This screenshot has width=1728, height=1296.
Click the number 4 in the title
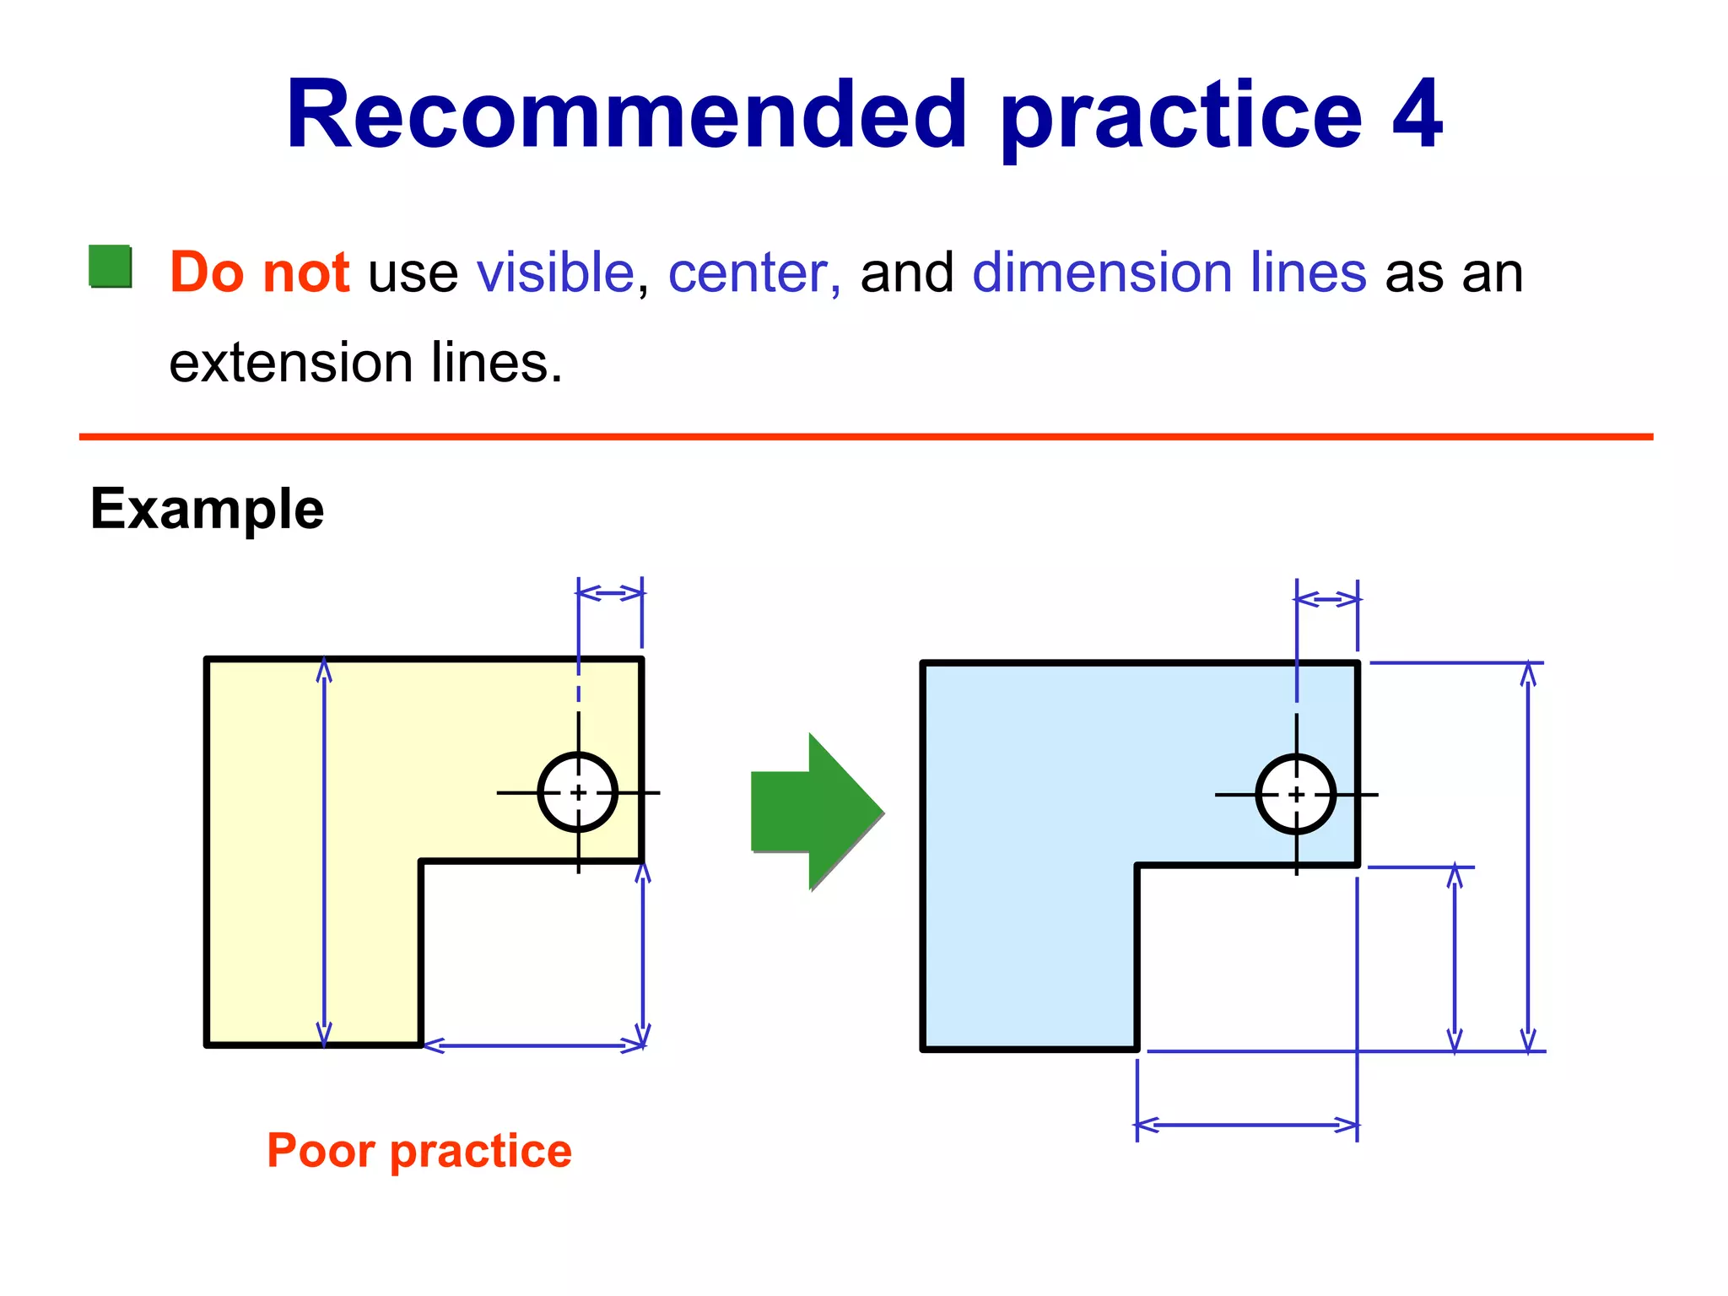point(1417,115)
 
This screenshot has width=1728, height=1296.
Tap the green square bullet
point(111,267)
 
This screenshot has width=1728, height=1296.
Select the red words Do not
point(259,273)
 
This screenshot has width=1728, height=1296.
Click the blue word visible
point(555,273)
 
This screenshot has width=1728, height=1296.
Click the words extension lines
point(365,363)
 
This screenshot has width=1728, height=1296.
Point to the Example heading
point(207,509)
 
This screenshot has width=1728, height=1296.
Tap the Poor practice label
point(419,1150)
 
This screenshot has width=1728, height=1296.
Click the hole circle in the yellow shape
point(578,792)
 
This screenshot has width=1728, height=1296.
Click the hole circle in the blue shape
point(1296,794)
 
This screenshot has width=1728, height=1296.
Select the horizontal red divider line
point(866,436)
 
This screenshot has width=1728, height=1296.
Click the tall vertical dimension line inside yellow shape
point(324,852)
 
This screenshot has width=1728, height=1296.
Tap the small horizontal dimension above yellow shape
point(610,593)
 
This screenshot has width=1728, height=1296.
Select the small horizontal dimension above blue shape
point(1327,600)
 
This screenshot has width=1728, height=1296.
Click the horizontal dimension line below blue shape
point(1247,1125)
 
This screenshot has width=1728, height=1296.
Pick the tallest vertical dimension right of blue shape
point(1528,856)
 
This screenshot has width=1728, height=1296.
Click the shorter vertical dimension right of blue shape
point(1455,958)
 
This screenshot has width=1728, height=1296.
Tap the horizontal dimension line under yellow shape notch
point(533,1046)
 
